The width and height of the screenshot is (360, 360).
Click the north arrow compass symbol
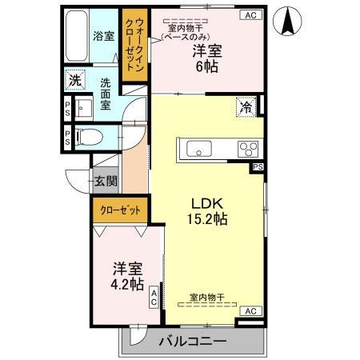click(286, 20)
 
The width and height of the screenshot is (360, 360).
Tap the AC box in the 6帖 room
click(250, 14)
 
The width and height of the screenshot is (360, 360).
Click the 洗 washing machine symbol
click(74, 80)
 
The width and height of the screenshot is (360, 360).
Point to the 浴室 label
click(103, 36)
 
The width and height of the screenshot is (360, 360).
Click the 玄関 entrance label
click(106, 182)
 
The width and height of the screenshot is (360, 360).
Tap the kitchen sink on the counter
click(198, 149)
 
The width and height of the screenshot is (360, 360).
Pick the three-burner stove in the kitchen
click(247, 149)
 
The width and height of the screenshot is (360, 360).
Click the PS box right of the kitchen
click(257, 167)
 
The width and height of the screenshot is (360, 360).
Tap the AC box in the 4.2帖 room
click(154, 298)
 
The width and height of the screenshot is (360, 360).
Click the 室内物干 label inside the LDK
click(206, 297)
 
